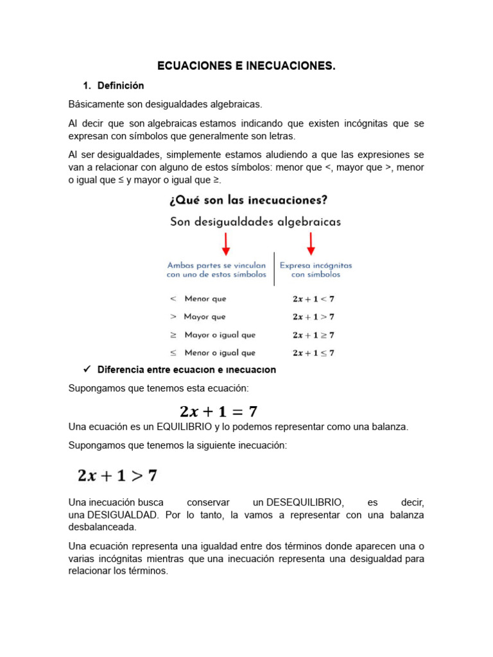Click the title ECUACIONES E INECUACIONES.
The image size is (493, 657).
246,66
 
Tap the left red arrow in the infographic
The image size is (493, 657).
225,244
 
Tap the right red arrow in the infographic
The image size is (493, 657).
311,244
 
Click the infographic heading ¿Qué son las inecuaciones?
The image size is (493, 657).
248,200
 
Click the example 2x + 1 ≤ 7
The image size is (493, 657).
313,353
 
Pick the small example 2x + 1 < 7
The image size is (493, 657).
313,299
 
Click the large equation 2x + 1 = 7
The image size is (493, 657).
218,411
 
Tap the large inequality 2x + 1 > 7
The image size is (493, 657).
117,475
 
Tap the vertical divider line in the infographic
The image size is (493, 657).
274,269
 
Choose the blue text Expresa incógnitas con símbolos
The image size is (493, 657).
316,269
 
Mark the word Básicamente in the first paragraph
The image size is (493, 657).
95,104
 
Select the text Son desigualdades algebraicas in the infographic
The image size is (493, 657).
255,222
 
